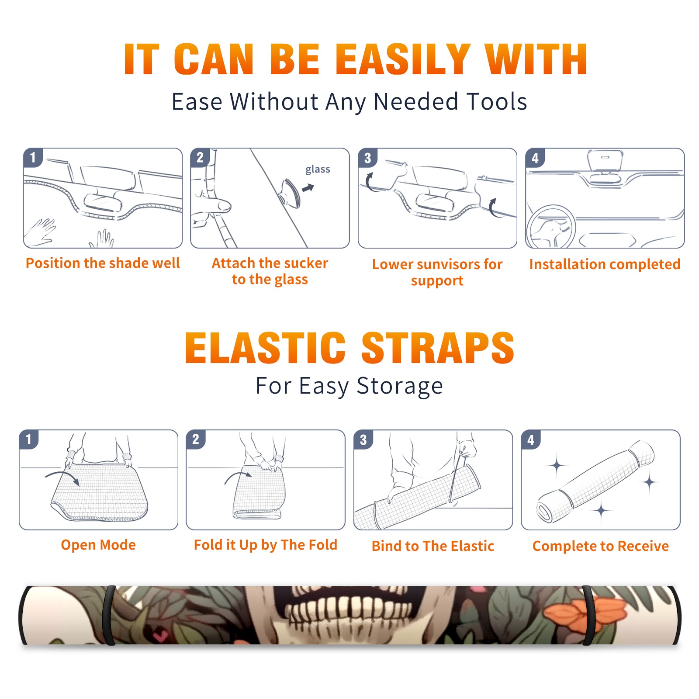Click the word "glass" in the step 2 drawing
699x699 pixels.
pyautogui.click(x=318, y=170)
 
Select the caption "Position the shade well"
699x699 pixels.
pyautogui.click(x=103, y=263)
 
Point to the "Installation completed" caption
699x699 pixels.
pyautogui.click(x=605, y=264)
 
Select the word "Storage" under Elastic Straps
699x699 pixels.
pyautogui.click(x=400, y=386)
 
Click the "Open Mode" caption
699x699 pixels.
pyautogui.click(x=98, y=545)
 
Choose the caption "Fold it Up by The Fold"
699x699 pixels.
pyautogui.click(x=266, y=545)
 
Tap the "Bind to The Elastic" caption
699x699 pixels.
pyautogui.click(x=433, y=546)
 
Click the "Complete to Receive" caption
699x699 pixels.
pyautogui.click(x=601, y=546)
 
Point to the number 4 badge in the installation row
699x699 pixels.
pyautogui.click(x=535, y=158)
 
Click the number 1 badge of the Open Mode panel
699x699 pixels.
pyautogui.click(x=29, y=439)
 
